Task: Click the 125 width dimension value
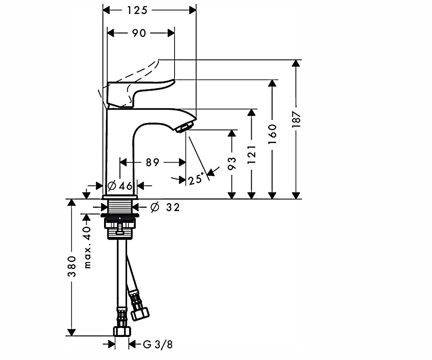click(138, 10)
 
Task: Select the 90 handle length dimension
click(139, 33)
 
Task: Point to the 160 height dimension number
click(272, 134)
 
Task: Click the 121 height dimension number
click(252, 154)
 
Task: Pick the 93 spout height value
click(232, 163)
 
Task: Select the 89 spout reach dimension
click(153, 162)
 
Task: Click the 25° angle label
click(195, 179)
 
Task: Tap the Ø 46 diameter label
click(120, 186)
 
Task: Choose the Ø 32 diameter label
click(165, 207)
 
